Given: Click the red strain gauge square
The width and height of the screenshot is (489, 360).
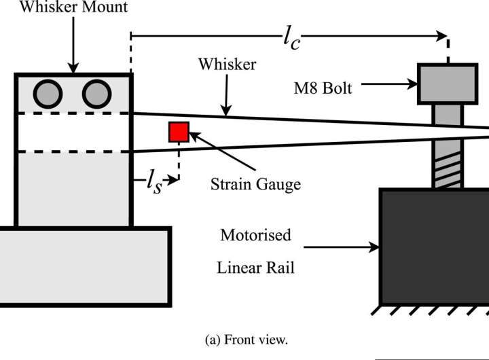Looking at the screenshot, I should [179, 132].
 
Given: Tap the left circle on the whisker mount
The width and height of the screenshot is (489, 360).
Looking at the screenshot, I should [47, 92].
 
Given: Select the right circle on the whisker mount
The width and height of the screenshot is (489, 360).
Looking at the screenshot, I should [96, 92].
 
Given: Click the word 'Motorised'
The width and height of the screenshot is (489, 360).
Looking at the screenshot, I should [255, 236].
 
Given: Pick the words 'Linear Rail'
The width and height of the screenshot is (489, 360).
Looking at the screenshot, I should [255, 267].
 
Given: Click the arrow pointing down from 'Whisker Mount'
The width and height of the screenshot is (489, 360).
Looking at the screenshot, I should [73, 44].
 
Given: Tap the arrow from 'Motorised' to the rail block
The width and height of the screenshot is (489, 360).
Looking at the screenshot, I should [353, 249].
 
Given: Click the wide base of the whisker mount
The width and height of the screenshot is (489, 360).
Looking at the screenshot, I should [84, 265].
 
